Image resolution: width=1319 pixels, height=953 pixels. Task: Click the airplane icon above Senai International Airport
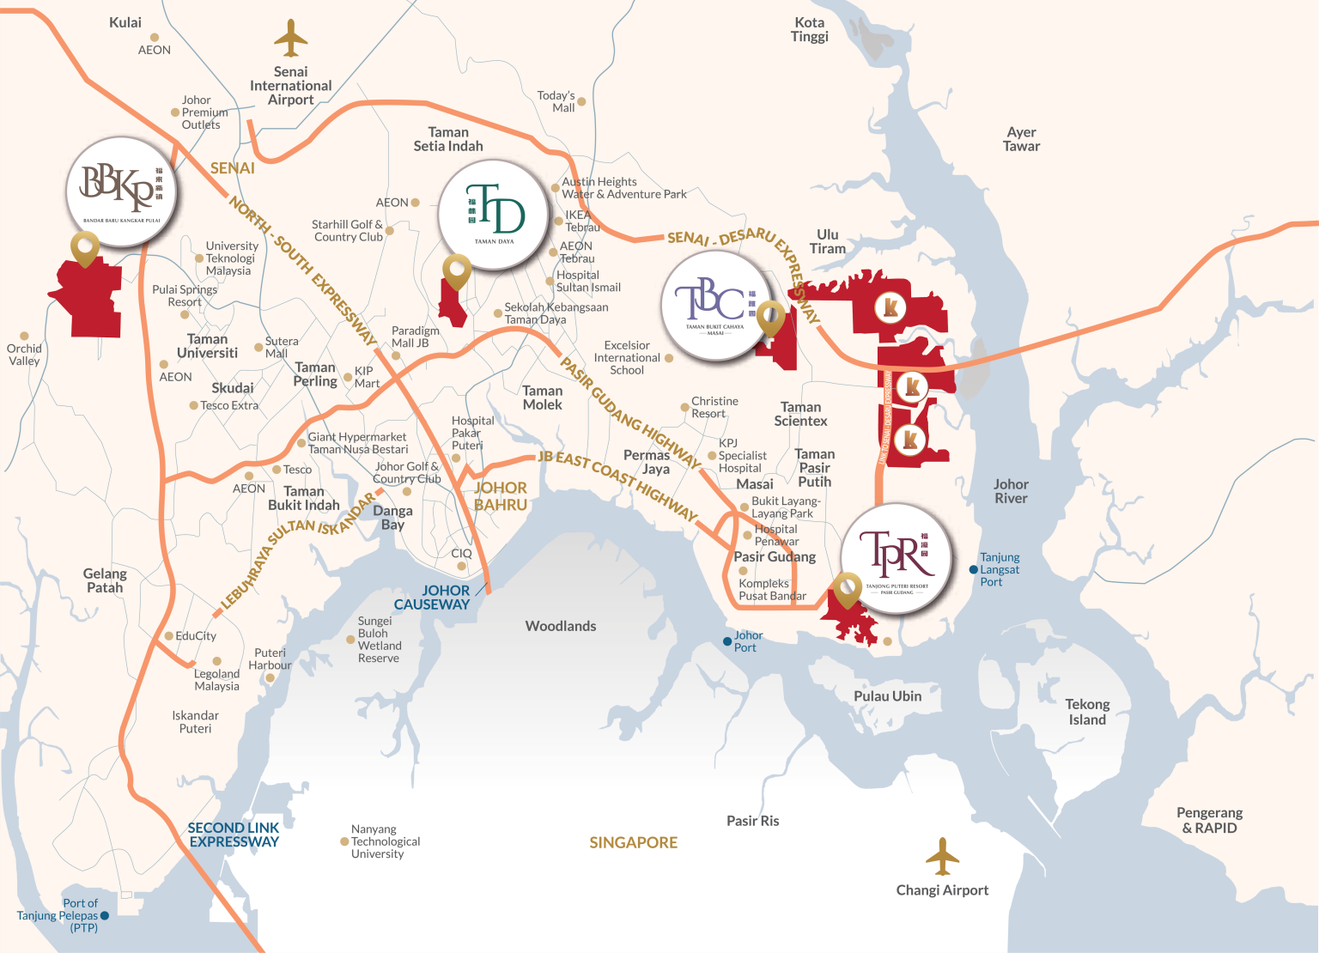point(291,39)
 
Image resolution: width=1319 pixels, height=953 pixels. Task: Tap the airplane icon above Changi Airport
point(942,857)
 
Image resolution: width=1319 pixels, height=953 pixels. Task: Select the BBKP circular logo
point(121,191)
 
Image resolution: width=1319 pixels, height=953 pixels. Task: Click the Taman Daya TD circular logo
point(494,215)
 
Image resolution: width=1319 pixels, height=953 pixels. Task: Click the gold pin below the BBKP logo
point(85,252)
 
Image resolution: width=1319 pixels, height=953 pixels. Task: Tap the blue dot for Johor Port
point(727,641)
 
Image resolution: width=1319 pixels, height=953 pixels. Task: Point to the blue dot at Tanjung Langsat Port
point(973,570)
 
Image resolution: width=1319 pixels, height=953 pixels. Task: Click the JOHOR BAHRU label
point(501,496)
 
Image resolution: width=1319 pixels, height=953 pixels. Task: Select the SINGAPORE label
point(633,843)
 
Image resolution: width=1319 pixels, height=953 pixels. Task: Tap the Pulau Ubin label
point(887,696)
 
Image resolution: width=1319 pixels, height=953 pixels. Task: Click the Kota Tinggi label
point(810,29)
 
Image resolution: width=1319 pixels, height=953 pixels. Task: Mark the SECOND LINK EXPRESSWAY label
point(234,835)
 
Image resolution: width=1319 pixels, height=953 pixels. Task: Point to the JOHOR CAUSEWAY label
point(434,598)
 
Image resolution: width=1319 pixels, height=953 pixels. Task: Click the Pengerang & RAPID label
point(1209,820)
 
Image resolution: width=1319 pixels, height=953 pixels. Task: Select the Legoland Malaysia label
point(216,680)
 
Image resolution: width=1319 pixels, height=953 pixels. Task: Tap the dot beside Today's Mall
point(581,101)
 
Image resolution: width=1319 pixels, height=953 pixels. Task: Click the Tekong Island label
point(1087,712)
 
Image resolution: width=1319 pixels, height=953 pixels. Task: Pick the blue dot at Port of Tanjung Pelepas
point(105,916)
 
